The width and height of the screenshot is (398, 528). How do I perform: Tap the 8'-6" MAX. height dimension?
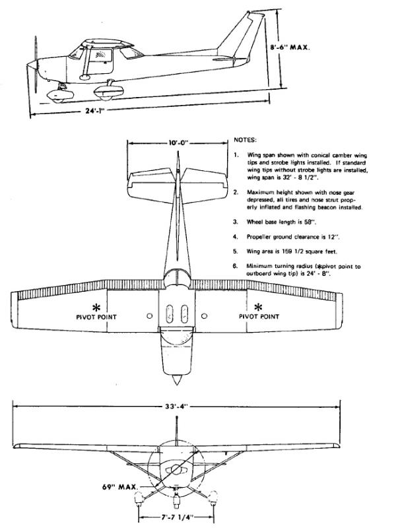(x=290, y=48)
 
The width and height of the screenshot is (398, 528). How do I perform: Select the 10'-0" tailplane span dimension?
(x=178, y=143)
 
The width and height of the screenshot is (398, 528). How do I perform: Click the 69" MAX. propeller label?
(x=120, y=487)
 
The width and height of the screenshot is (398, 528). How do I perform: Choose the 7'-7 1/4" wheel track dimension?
(x=176, y=517)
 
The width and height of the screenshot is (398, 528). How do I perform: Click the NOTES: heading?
(x=245, y=140)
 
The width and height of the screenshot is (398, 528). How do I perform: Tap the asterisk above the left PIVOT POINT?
(x=96, y=307)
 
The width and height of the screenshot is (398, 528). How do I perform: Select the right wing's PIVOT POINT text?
(x=259, y=317)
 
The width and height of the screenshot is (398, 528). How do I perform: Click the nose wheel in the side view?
(x=57, y=96)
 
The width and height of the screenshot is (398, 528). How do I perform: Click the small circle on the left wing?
(x=150, y=316)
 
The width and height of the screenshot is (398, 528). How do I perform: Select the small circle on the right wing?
(x=204, y=316)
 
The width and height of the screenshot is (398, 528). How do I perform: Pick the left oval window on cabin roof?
(x=170, y=314)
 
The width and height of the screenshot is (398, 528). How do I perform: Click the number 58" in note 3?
(x=311, y=222)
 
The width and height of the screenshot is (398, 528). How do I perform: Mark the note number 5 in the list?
(x=236, y=251)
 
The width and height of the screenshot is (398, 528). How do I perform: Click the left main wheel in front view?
(x=139, y=498)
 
